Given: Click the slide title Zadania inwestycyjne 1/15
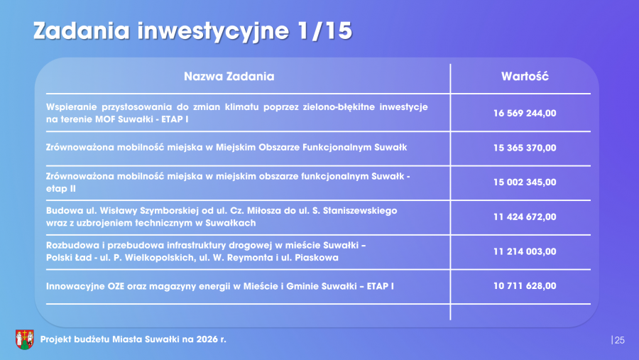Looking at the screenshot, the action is tap(192, 31).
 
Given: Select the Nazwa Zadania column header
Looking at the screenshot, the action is tap(229, 76).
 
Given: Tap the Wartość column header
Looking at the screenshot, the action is tap(525, 76).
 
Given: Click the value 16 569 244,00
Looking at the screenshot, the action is tap(525, 113).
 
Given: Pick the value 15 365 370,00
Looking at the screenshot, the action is tap(525, 148).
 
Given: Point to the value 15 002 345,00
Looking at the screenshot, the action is tap(525, 182).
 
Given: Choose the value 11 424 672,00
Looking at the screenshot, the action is tap(525, 217).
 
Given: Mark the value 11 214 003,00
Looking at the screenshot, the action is tap(525, 251).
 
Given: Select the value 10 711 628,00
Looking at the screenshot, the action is tap(525, 285).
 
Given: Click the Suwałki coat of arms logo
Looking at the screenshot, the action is tap(24, 339).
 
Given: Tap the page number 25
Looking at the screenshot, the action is tap(619, 340).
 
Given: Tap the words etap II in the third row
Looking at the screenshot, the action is tap(61, 189).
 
